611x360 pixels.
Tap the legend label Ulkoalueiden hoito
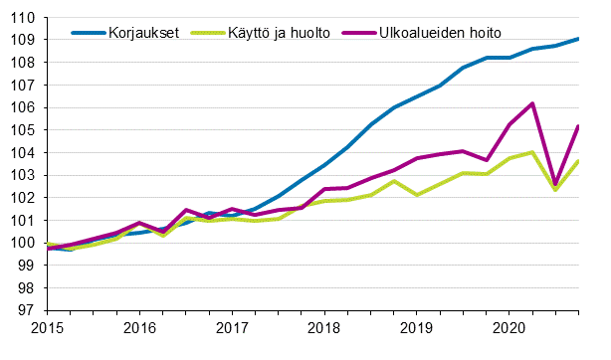pos(442,32)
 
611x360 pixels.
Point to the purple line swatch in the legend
pos(360,32)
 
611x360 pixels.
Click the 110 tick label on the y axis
pos(26,17)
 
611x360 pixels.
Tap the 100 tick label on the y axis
pos(26,243)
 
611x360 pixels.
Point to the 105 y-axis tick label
pos(26,130)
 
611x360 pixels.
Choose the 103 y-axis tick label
pos(26,175)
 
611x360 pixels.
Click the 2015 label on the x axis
pos(47,327)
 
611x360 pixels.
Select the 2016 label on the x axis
pos(139,327)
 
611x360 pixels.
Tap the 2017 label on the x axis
pos(232,327)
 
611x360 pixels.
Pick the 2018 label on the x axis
pos(324,327)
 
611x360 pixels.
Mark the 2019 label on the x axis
pos(417,327)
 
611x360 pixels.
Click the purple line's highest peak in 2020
pos(533,103)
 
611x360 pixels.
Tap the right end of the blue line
pos(578,39)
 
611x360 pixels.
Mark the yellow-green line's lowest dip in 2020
pos(555,189)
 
